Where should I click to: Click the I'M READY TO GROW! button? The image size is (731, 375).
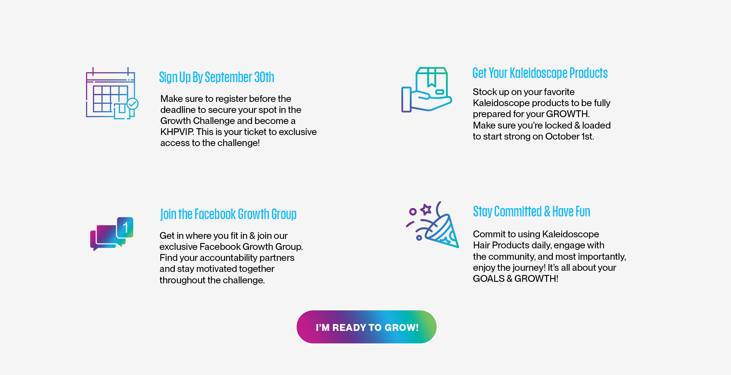coord(366,327)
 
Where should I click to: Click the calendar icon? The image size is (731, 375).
coord(112,93)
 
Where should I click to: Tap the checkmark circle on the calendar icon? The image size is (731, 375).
coord(132,103)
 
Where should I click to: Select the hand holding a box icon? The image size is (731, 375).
coord(426,90)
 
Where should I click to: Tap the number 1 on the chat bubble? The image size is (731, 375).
coord(125,227)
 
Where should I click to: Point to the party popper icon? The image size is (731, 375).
coord(433,225)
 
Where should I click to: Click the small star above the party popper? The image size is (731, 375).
coord(426,209)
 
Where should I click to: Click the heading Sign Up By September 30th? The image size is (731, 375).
coord(217,78)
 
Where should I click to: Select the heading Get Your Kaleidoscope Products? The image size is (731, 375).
coord(540,73)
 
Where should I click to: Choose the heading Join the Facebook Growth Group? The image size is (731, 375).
coord(228,215)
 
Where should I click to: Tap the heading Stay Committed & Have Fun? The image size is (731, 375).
coord(531,211)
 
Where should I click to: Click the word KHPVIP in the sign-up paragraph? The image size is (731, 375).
coord(177,132)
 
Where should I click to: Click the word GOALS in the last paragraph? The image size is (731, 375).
coord(488,279)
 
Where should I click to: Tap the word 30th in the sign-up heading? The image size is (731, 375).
coord(264,78)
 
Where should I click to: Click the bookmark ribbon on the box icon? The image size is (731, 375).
coord(432,78)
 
